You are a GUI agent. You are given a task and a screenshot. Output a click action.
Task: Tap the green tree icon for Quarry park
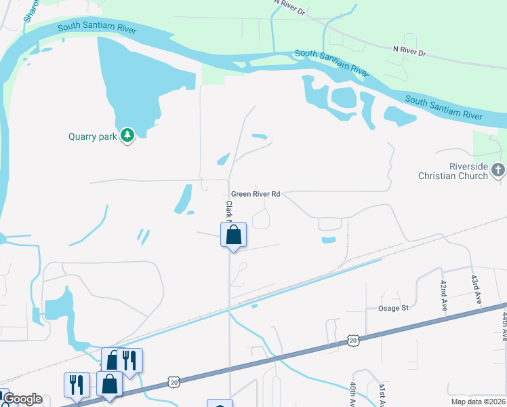pyautogui.click(x=127, y=136)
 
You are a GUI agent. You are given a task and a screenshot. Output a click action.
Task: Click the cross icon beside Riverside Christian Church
pyautogui.click(x=498, y=170)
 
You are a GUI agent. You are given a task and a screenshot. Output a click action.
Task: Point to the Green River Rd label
pyautogui.click(x=256, y=194)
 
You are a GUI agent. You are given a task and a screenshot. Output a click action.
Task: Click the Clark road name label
pyautogui.click(x=229, y=211)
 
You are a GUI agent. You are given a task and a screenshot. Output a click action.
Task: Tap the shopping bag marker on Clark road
pyautogui.click(x=233, y=235)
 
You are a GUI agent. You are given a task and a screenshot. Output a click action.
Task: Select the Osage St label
pyautogui.click(x=393, y=308)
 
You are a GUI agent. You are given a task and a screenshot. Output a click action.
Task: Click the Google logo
pyautogui.click(x=22, y=399)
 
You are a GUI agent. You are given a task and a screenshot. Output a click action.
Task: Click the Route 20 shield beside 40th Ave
pyautogui.click(x=352, y=339)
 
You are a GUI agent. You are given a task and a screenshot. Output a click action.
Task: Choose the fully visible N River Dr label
pyautogui.click(x=409, y=51)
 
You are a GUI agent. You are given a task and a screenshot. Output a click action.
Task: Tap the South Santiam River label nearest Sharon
pyautogui.click(x=97, y=28)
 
